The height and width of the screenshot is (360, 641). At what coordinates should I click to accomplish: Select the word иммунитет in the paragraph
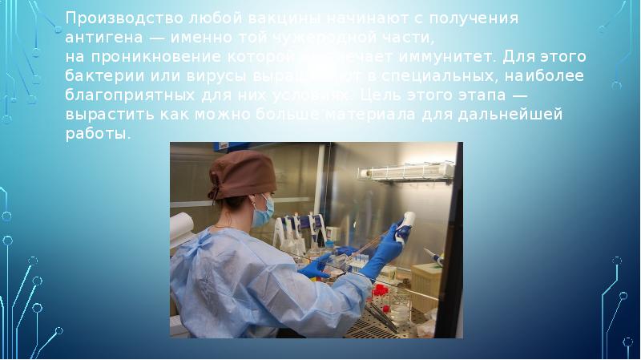pos(439,57)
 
